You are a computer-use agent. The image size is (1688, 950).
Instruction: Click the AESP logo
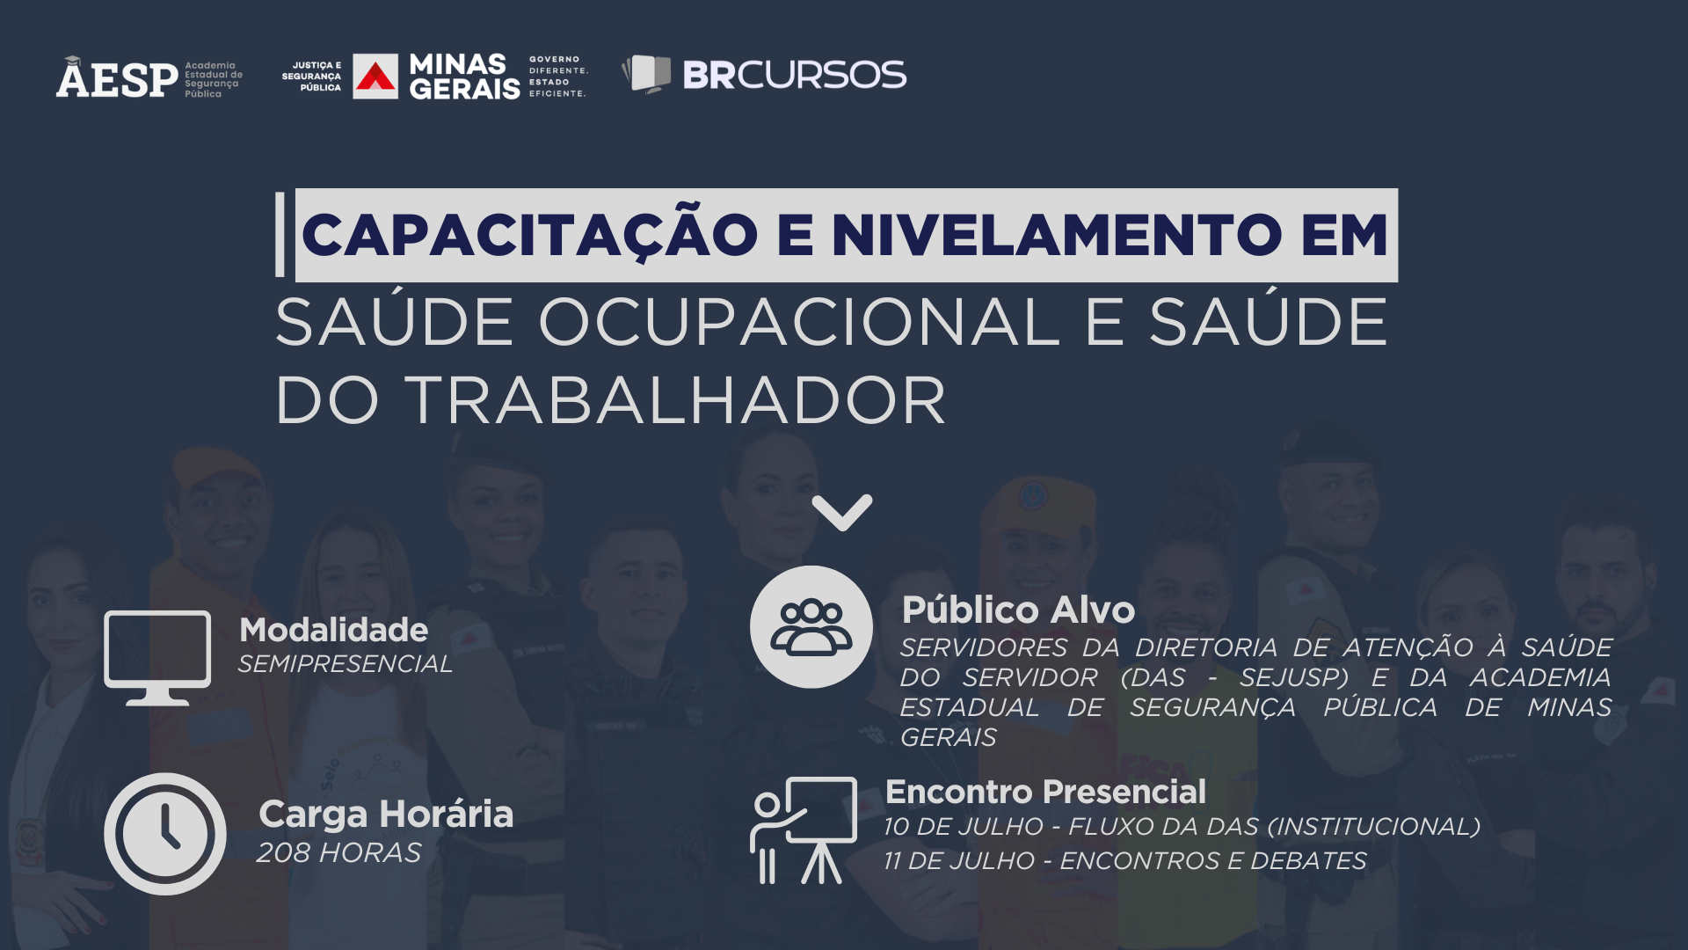(149, 77)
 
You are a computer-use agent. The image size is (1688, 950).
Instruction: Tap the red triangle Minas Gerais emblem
(375, 77)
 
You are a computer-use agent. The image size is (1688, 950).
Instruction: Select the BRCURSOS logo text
(795, 75)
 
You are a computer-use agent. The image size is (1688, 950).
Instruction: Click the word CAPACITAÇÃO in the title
(529, 235)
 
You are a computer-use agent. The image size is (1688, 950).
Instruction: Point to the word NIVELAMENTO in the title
(1056, 235)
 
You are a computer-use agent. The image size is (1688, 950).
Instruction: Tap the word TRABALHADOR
(674, 401)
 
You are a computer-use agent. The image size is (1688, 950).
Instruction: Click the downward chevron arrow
(842, 513)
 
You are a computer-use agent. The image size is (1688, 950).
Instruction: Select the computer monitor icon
(157, 658)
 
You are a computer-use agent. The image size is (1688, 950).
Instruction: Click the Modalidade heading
(334, 630)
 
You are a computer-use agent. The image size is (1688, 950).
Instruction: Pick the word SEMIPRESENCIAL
(346, 663)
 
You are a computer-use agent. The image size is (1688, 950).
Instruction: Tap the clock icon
(165, 834)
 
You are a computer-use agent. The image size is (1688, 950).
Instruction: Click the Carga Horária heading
(386, 815)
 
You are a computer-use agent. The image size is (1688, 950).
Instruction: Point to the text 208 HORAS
(339, 852)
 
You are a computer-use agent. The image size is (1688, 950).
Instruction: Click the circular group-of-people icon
(811, 627)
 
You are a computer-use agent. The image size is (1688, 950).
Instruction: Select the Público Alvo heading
(1019, 610)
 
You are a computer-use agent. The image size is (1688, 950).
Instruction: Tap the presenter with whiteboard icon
(804, 830)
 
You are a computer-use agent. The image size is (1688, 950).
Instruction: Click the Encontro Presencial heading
(1046, 792)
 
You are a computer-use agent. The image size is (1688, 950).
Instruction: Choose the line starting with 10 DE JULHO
(1182, 827)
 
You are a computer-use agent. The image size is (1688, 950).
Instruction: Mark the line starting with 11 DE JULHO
(1125, 860)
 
